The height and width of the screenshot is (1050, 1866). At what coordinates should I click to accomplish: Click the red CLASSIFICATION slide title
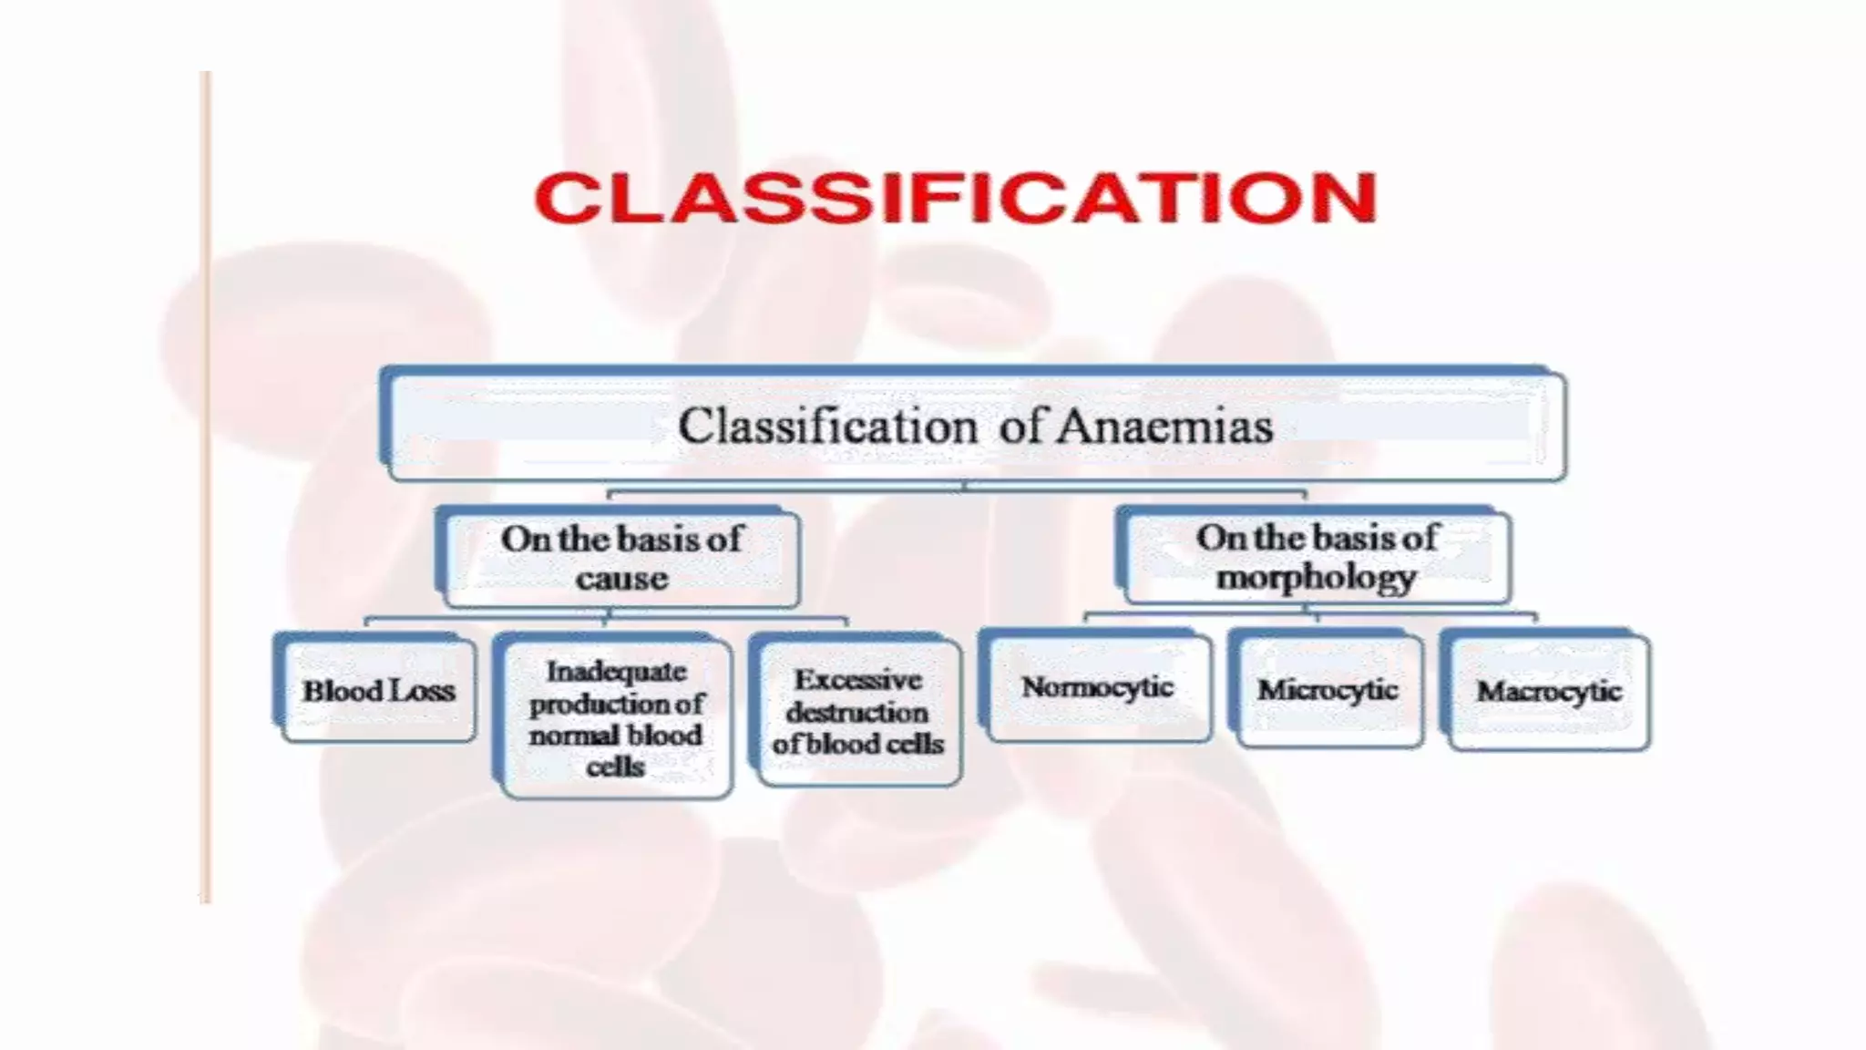point(955,198)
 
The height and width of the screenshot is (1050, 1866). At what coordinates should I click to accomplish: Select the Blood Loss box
point(377,691)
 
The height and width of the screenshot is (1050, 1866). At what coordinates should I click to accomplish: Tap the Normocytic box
point(1097,687)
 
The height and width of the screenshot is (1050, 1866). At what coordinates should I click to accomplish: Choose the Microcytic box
point(1328,690)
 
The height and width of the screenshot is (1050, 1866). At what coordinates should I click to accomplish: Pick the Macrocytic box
point(1548,692)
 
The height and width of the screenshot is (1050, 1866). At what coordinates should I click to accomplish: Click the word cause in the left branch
point(621,579)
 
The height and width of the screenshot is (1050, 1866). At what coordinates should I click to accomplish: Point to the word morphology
point(1316,577)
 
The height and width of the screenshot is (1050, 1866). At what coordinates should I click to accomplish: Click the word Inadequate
point(616,672)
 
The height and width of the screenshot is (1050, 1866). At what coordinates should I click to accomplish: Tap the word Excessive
point(857,680)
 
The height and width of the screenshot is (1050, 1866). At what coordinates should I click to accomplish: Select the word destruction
point(856,712)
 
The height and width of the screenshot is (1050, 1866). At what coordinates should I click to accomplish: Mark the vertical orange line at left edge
point(206,488)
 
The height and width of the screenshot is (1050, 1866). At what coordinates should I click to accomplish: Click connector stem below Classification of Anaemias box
point(965,486)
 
